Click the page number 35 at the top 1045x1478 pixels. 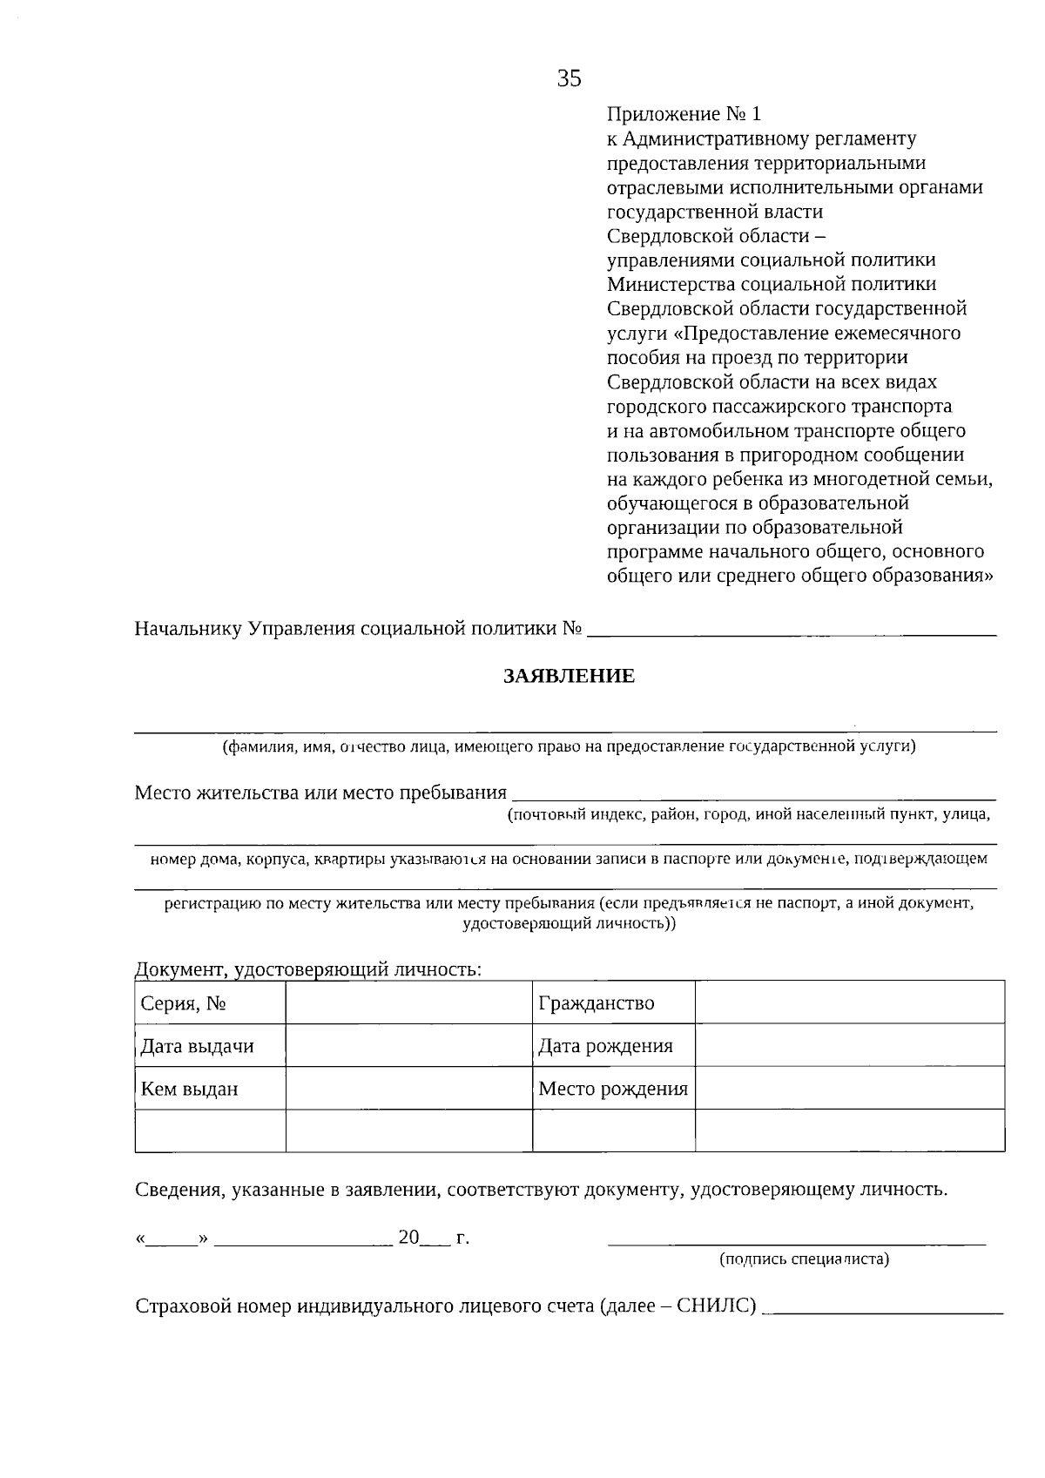569,79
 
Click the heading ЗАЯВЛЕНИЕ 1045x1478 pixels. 569,676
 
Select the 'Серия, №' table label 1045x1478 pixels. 184,1003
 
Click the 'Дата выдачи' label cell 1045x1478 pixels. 198,1046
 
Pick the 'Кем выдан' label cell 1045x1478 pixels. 190,1089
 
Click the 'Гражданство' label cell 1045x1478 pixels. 597,1003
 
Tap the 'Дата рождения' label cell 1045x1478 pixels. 605,1046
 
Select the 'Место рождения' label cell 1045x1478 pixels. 613,1089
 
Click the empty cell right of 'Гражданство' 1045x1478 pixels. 849,1002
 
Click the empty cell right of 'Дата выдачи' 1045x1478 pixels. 408,1046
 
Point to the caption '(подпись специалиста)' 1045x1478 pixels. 804,1259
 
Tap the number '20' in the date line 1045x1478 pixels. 408,1237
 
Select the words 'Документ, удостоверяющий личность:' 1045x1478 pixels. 308,969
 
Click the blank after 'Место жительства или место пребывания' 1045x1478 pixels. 753,796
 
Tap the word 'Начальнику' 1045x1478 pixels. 188,629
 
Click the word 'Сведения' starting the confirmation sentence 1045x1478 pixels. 179,1190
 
